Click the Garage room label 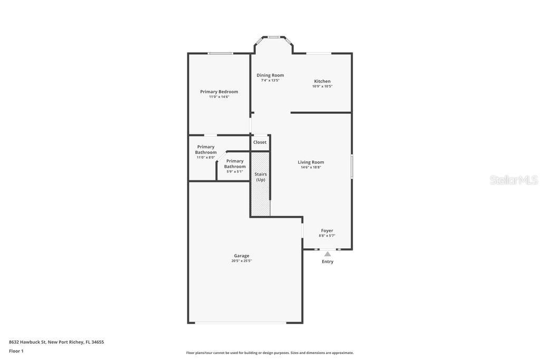tap(242, 256)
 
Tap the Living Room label tap(311, 162)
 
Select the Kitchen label tap(322, 81)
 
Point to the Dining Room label tap(270, 75)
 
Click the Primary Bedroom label tap(219, 92)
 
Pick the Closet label tap(259, 142)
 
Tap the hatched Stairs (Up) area tap(261, 184)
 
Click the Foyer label tap(327, 230)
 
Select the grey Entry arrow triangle tap(327, 254)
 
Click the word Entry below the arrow tap(327, 261)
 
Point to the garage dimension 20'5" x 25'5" tap(242, 261)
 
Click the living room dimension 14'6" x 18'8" tap(311, 167)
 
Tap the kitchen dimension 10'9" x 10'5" tap(322, 86)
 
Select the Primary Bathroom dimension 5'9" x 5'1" tap(235, 171)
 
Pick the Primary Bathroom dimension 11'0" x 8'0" tap(206, 157)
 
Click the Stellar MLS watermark tap(514, 180)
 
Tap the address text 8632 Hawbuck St tap(27, 342)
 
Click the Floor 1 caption tap(16, 351)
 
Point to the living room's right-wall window tap(352, 166)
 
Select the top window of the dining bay tap(274, 37)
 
